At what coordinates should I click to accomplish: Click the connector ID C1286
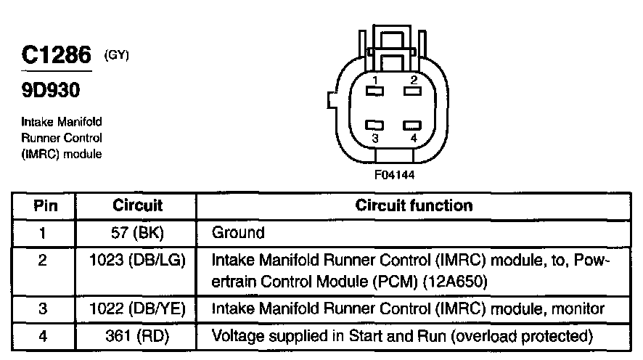coord(56,54)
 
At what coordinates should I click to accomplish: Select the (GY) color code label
coord(116,55)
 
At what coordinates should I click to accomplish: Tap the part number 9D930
coord(51,90)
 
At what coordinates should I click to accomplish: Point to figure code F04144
coord(395,175)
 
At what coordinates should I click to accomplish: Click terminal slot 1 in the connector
coord(374,91)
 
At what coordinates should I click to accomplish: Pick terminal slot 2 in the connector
coord(412,91)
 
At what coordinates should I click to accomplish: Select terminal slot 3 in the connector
coord(374,125)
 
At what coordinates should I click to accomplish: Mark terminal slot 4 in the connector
coord(412,125)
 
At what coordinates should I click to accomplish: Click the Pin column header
coord(46,205)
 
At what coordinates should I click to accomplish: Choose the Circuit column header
coord(137,205)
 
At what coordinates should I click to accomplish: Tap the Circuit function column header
coord(414,205)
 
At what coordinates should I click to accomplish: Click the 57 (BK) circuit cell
coord(137,233)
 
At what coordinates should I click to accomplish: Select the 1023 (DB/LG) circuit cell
coord(137,260)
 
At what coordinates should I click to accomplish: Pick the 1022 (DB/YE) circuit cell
coord(137,308)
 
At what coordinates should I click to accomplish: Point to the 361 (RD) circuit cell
coord(137,336)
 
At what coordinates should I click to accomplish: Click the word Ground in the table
coord(238,233)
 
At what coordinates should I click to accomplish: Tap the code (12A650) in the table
coord(455,282)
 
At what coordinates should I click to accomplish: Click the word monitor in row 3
coord(578,308)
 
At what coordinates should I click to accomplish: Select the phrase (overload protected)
coord(522,336)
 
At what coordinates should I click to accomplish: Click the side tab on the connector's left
coord(332,100)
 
